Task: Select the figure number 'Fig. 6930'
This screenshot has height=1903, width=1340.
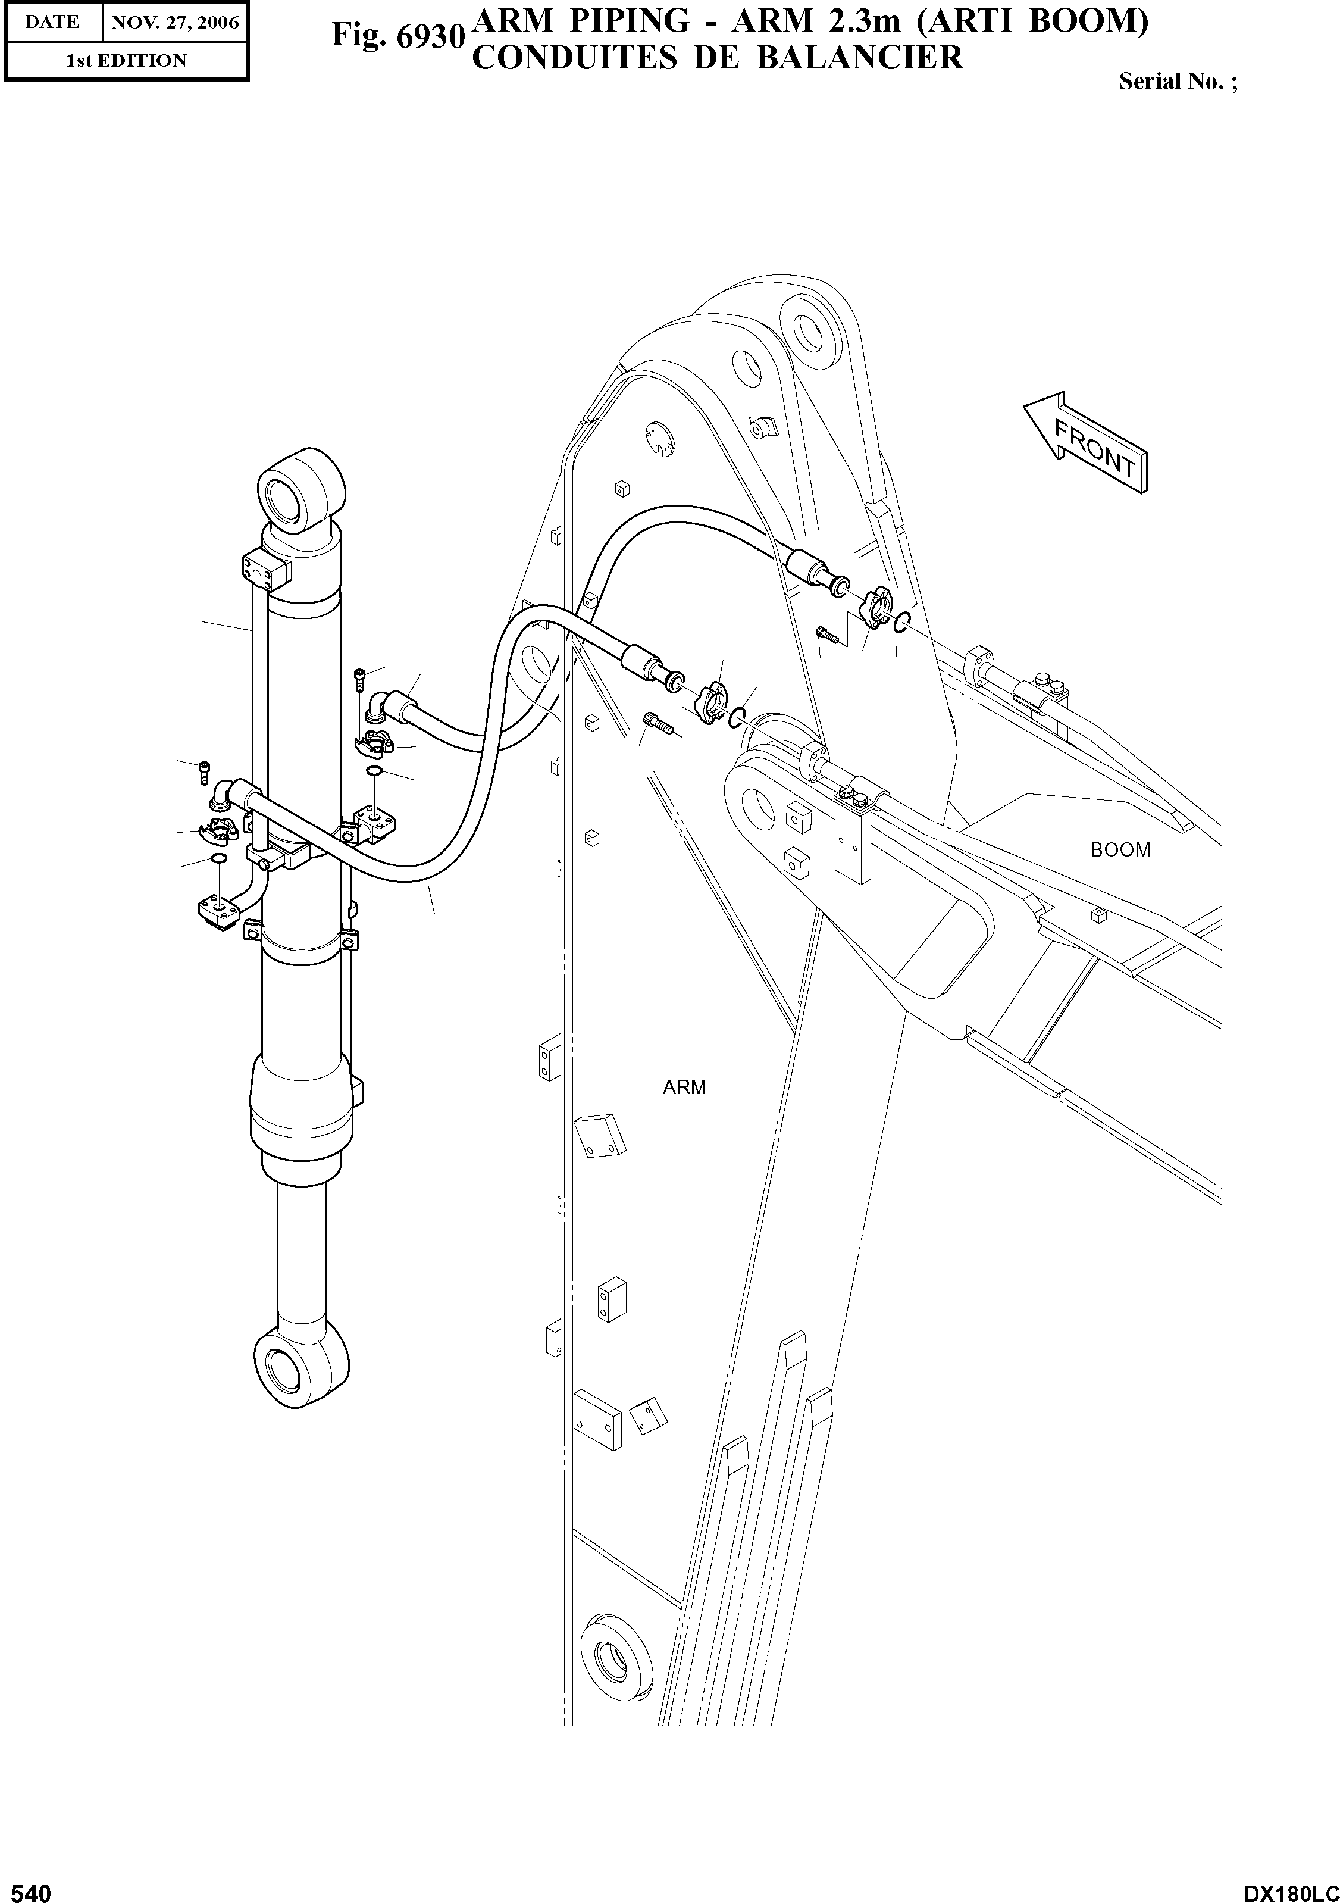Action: point(396,36)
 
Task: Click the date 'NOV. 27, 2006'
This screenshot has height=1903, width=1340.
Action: point(175,23)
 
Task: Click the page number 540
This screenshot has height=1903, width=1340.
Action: point(27,1889)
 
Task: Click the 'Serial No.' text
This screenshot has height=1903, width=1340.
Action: point(1178,81)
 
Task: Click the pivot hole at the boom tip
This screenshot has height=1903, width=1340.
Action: point(757,803)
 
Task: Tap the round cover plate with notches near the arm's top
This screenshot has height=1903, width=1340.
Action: point(660,439)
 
